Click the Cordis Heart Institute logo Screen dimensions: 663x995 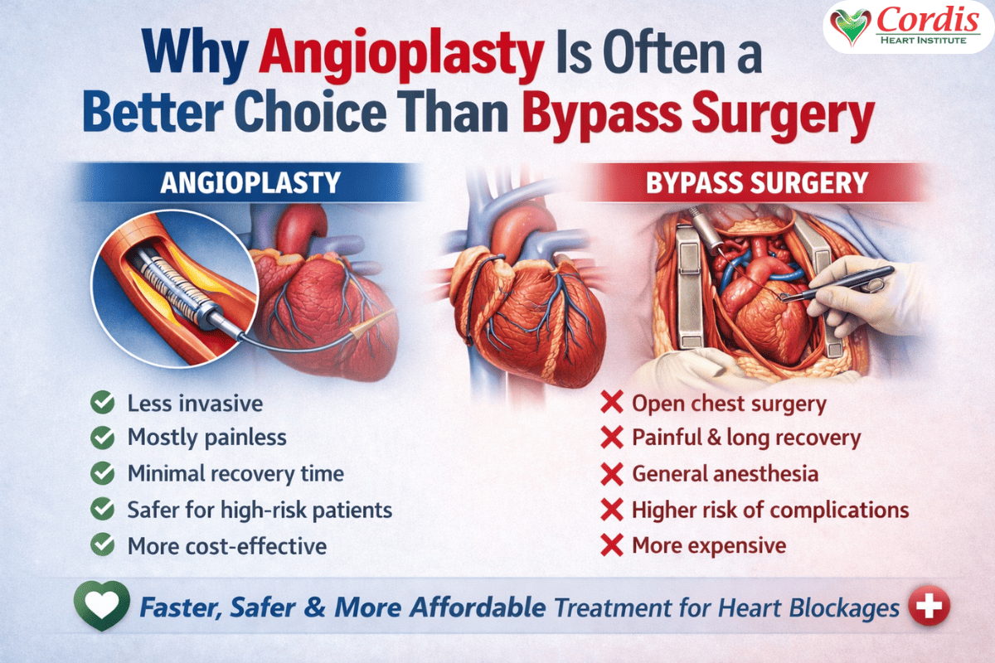tap(907, 27)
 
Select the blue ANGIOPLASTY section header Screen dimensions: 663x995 tap(248, 182)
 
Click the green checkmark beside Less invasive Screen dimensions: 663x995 tap(103, 404)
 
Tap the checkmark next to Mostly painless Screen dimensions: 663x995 tap(103, 438)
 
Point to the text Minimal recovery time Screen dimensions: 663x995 tap(235, 474)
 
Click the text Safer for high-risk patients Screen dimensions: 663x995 tap(260, 510)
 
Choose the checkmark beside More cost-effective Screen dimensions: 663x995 tap(103, 545)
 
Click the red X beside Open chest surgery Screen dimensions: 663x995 tap(611, 404)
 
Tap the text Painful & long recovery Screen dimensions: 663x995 tap(746, 438)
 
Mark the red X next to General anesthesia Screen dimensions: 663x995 tap(611, 474)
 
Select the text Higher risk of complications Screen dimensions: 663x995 tap(770, 510)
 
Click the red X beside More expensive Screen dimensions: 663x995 tap(611, 545)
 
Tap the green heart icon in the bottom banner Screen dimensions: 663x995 tap(101, 607)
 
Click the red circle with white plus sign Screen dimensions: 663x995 tap(928, 607)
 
